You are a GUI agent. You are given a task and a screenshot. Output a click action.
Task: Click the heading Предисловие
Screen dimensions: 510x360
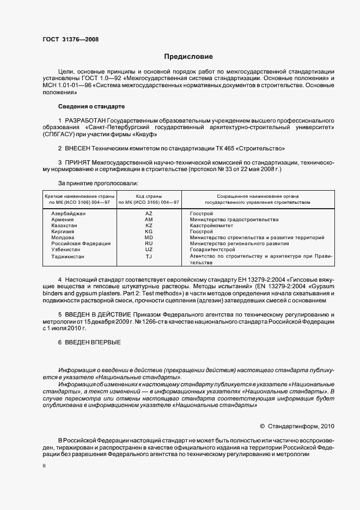(188, 56)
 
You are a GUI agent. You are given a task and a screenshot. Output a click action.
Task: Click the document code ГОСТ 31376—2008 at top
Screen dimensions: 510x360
(70, 39)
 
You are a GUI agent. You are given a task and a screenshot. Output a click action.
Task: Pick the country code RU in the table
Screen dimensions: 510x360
(149, 244)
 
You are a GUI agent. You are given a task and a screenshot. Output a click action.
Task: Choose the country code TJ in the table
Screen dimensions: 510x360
(149, 256)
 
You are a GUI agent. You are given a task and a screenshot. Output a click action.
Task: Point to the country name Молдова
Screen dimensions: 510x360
(63, 238)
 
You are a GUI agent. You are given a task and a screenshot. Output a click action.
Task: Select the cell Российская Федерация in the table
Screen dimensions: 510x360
(81, 244)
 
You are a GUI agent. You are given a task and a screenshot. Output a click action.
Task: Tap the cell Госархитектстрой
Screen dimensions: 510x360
(214, 250)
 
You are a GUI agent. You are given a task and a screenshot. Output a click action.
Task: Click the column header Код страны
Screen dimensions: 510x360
(149, 196)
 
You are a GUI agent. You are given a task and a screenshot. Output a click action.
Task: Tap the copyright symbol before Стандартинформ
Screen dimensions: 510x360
(263, 426)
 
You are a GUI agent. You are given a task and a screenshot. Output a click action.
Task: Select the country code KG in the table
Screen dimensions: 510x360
(149, 232)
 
